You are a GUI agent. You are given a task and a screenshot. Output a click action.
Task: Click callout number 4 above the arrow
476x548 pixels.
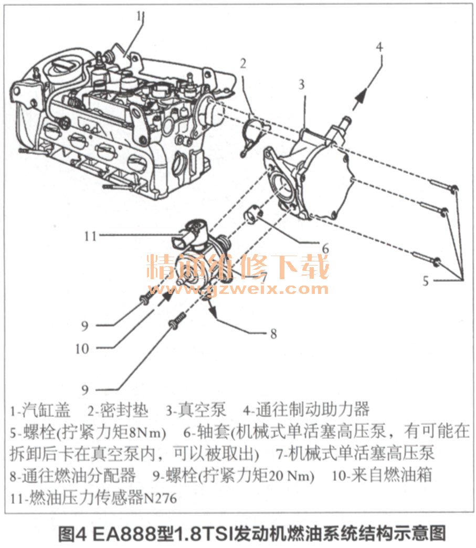pyautogui.click(x=379, y=47)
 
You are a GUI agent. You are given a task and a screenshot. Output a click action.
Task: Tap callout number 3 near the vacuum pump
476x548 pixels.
pyautogui.click(x=301, y=84)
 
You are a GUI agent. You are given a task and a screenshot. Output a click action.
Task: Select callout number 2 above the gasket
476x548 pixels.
pyautogui.click(x=243, y=64)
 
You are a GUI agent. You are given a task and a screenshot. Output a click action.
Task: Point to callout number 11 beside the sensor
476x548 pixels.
pyautogui.click(x=90, y=236)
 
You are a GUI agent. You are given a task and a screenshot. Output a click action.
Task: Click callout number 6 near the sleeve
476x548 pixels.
pyautogui.click(x=325, y=249)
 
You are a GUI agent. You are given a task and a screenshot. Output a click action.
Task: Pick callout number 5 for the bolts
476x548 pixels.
pyautogui.click(x=425, y=281)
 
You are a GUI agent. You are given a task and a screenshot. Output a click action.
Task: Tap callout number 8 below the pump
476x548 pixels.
pyautogui.click(x=273, y=333)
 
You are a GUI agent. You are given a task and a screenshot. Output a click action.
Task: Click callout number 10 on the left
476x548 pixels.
pyautogui.click(x=82, y=349)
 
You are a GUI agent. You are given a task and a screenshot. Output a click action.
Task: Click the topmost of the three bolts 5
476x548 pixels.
pyautogui.click(x=444, y=186)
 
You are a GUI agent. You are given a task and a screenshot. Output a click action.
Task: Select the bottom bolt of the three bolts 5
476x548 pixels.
pyautogui.click(x=426, y=258)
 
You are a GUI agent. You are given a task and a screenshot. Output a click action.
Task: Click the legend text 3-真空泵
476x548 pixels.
pyautogui.click(x=196, y=410)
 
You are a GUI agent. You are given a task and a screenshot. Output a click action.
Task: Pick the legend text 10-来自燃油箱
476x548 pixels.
pyautogui.click(x=382, y=475)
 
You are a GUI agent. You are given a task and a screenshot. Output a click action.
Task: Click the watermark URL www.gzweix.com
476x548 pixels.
pyautogui.click(x=238, y=289)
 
